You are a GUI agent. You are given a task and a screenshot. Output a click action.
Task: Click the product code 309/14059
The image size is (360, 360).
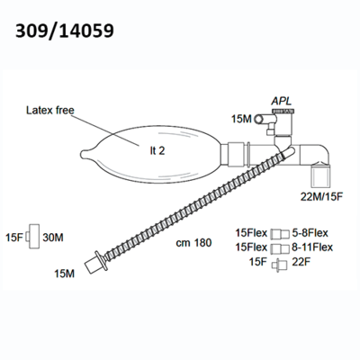point(65,31)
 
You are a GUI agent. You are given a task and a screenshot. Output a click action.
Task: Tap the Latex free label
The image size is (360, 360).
point(50,110)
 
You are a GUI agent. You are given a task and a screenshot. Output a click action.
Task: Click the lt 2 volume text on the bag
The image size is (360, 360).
point(157,150)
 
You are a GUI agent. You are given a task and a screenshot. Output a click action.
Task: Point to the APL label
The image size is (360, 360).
point(282,102)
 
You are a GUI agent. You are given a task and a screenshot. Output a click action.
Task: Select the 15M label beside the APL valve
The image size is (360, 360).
point(241,119)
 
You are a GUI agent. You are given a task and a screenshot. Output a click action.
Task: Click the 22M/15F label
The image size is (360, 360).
point(321,197)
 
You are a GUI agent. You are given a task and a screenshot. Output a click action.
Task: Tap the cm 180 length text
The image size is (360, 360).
point(193,243)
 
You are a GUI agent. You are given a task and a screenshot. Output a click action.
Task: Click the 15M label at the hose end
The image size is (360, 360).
point(64,274)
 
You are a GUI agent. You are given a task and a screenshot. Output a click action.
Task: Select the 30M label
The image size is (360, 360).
point(53,238)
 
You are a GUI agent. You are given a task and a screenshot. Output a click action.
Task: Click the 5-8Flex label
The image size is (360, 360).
point(310,233)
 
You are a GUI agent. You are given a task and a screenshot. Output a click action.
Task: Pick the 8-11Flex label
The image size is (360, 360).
point(312,247)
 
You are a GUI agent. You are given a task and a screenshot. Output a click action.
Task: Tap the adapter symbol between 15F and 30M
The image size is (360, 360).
point(32,237)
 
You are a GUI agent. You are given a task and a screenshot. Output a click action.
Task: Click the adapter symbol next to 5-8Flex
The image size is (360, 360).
point(280,234)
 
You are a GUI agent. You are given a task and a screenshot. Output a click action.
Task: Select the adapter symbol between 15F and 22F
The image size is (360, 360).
point(280,265)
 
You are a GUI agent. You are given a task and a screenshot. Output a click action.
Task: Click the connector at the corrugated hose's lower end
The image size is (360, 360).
point(96,262)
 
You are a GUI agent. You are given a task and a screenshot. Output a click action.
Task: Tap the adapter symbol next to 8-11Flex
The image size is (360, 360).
point(280,248)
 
